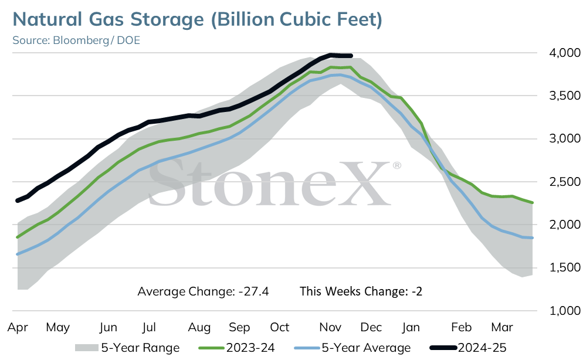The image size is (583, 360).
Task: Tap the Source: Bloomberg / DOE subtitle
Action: click(76, 40)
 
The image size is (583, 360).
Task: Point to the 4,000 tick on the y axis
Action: click(565, 53)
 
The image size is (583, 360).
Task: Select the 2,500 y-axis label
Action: click(565, 182)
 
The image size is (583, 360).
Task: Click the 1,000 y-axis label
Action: click(565, 311)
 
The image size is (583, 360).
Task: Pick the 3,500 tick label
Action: click(565, 96)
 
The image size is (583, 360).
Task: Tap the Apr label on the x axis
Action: click(18, 328)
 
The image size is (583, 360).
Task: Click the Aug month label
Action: click(199, 328)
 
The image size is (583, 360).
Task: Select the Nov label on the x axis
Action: click(330, 327)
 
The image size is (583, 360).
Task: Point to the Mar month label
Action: click(502, 327)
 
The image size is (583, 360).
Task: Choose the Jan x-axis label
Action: click(411, 327)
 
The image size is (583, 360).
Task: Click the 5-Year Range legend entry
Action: click(127, 348)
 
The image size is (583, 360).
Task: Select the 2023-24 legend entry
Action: click(236, 348)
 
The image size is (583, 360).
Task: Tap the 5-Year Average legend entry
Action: click(352, 348)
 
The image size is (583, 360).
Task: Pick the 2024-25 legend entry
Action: click(467, 348)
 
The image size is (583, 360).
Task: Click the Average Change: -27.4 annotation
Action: click(203, 291)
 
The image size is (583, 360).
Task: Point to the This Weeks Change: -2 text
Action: click(361, 291)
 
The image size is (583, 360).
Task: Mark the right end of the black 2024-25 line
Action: click(351, 56)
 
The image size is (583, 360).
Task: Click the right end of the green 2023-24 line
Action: click(533, 202)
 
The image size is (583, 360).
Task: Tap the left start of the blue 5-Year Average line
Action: click(17, 254)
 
